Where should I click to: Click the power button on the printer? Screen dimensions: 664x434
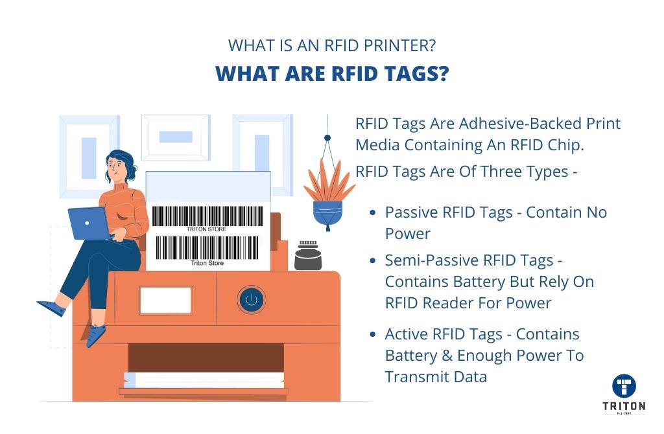tap(252, 299)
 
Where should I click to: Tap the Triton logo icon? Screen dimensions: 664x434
tap(624, 386)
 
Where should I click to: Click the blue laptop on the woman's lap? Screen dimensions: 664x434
tap(89, 223)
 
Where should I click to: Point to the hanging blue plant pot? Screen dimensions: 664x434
tap(327, 214)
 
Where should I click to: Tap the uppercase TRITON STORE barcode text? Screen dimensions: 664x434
tap(207, 229)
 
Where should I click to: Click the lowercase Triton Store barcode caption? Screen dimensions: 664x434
tap(207, 263)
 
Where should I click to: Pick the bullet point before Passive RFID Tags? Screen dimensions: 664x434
tap(373, 212)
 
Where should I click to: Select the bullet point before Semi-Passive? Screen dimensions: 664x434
tap(373, 260)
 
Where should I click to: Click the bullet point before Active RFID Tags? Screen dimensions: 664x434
tap(373, 334)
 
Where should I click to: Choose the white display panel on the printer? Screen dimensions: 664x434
tap(165, 301)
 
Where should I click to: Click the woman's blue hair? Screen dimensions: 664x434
tap(123, 161)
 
